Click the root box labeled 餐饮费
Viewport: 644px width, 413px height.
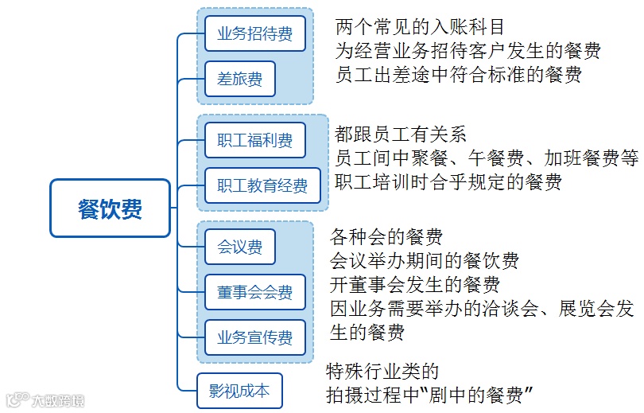tap(110, 208)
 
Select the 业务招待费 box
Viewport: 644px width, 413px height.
tap(254, 33)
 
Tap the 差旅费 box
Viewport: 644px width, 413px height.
tap(239, 79)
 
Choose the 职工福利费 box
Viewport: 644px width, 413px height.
tap(254, 141)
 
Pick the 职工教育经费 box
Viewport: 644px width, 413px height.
tap(262, 186)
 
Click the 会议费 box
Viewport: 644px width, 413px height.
tap(239, 247)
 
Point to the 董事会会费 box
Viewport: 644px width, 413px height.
tap(254, 292)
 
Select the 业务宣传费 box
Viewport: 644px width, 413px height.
tap(254, 337)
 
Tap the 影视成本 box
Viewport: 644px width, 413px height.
tap(239, 391)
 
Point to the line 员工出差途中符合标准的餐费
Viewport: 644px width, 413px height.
tap(459, 75)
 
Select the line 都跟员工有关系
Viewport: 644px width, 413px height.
tap(400, 134)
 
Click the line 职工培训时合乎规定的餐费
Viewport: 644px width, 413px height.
tap(448, 181)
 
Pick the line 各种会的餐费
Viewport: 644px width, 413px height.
tap(386, 236)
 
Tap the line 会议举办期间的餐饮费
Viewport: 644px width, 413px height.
tap(425, 260)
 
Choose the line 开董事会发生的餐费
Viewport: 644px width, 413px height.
tap(415, 284)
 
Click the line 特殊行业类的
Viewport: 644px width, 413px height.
tap(382, 371)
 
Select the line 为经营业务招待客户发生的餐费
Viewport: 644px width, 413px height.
tap(468, 52)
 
